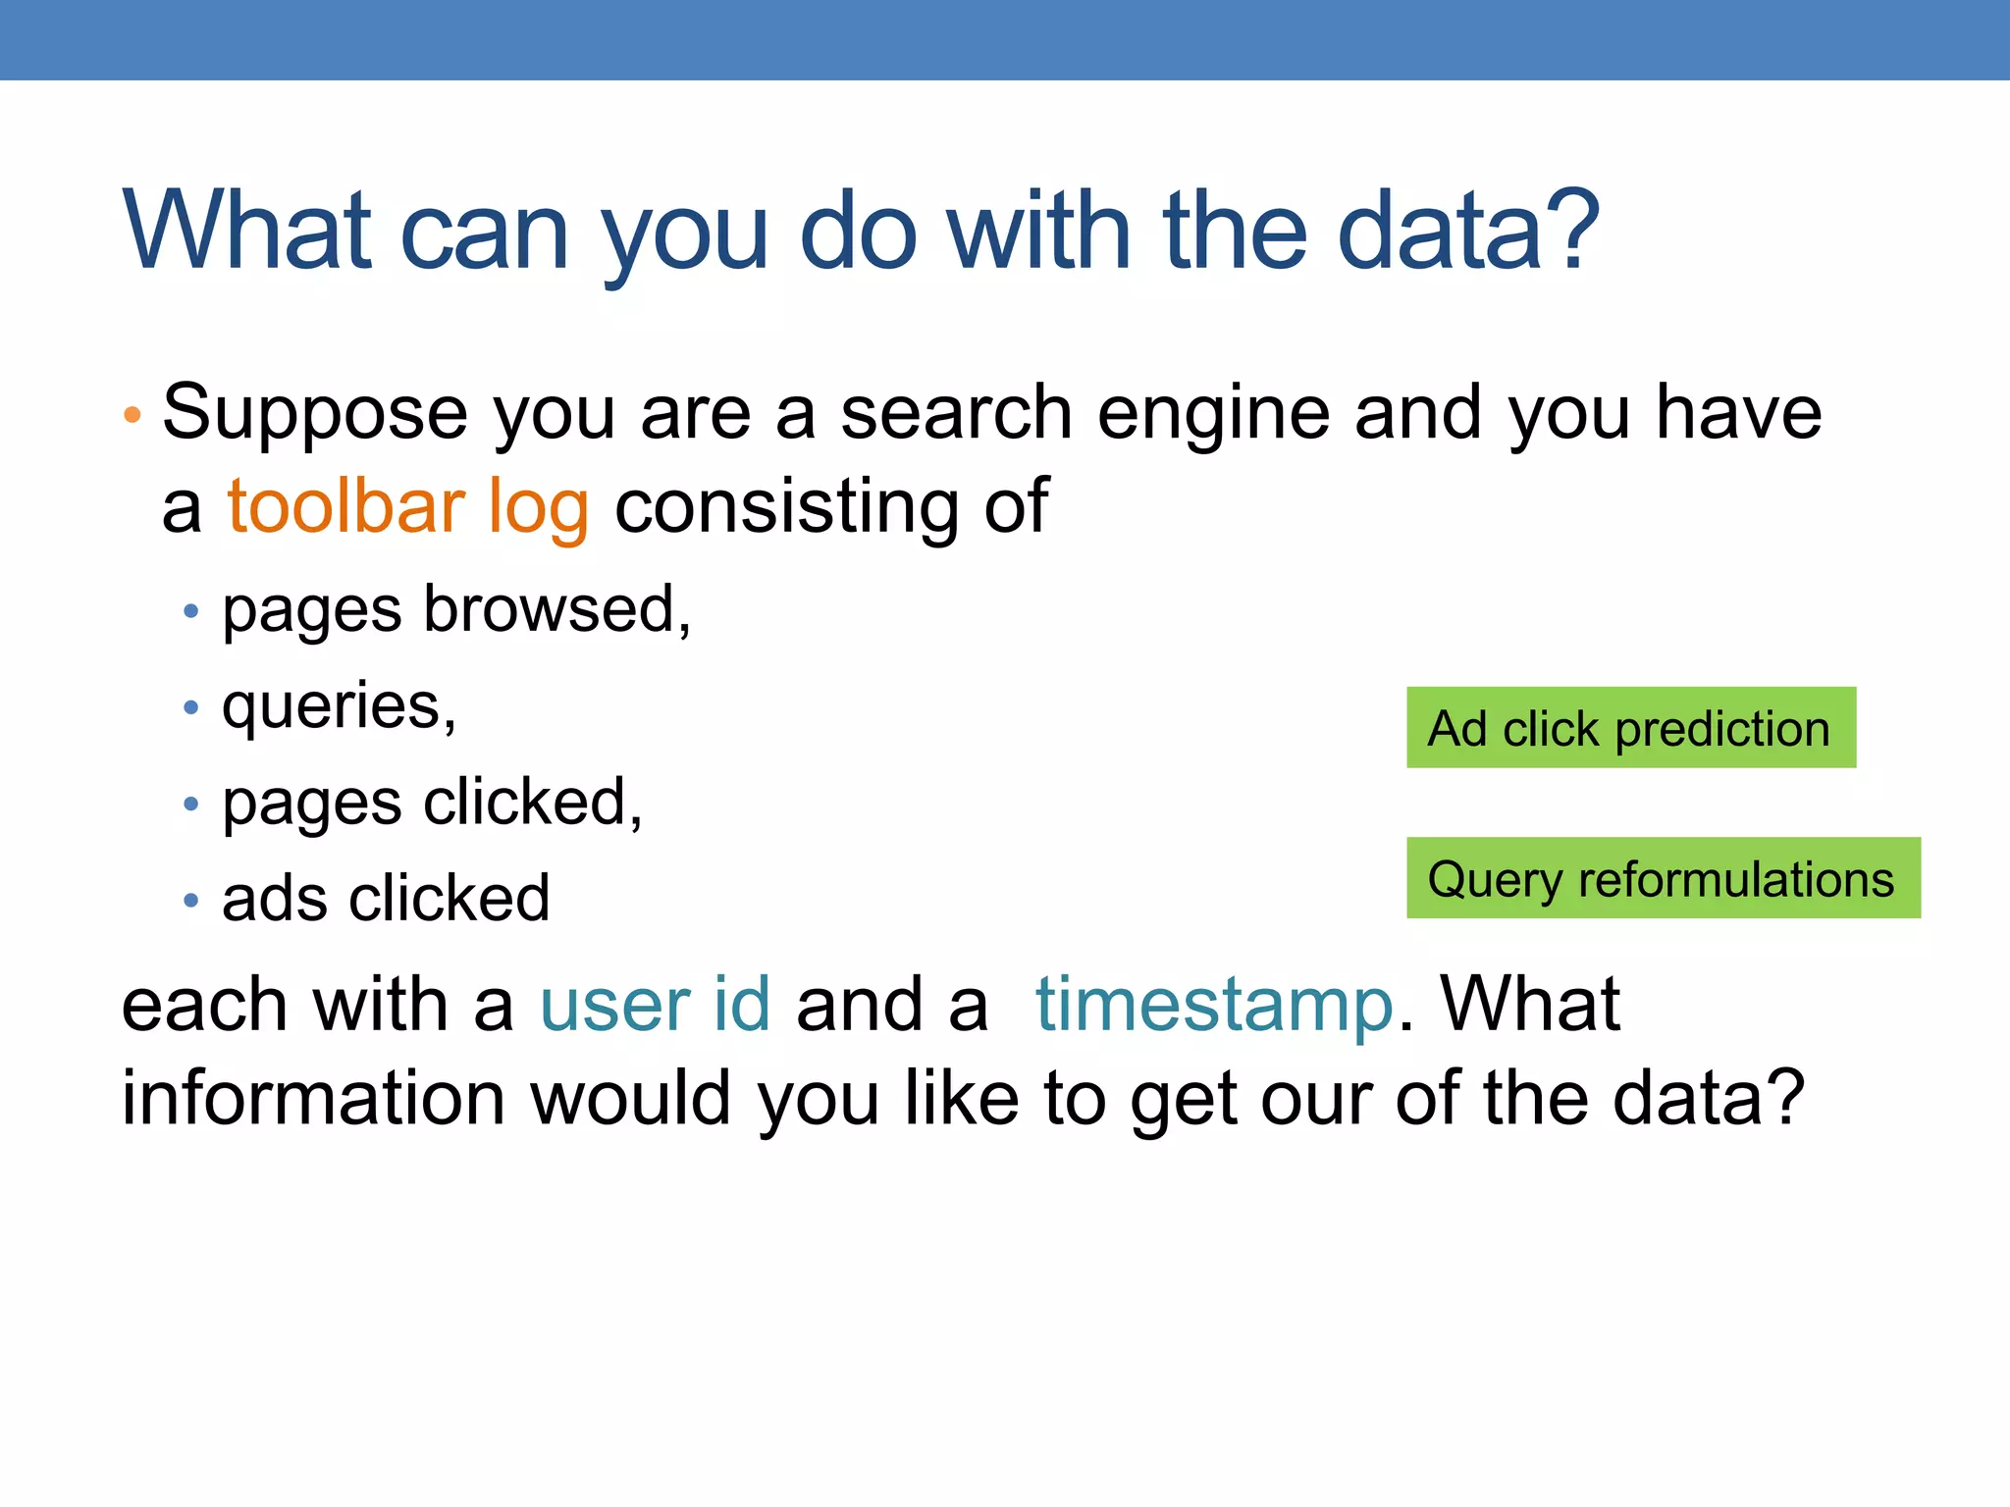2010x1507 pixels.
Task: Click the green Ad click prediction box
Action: click(x=1630, y=727)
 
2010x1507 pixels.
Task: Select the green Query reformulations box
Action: click(x=1663, y=878)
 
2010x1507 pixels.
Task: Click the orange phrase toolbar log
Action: click(x=407, y=506)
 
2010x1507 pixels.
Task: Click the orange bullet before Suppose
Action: click(x=132, y=414)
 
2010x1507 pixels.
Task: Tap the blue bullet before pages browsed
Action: click(x=191, y=612)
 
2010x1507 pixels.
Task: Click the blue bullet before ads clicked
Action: click(x=191, y=900)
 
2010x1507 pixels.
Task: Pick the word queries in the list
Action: click(x=334, y=706)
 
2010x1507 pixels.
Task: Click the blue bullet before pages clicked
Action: click(x=191, y=805)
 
